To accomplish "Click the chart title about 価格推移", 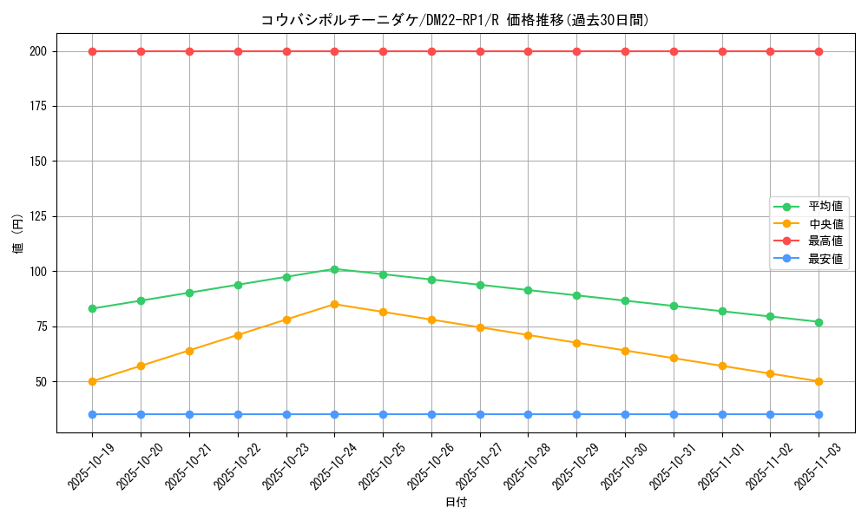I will pyautogui.click(x=455, y=20).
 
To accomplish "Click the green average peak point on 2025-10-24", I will pyautogui.click(x=334, y=269).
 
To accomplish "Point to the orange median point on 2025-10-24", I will pyautogui.click(x=334, y=304).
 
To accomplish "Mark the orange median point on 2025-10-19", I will pyautogui.click(x=92, y=381).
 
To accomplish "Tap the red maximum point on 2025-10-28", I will pyautogui.click(x=528, y=51).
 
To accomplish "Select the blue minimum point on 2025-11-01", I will pyautogui.click(x=722, y=414).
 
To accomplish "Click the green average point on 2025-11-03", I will pyautogui.click(x=819, y=322).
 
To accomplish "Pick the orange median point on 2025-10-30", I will pyautogui.click(x=625, y=351).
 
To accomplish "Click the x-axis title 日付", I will pyautogui.click(x=456, y=503).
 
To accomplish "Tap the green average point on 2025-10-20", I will pyautogui.click(x=141, y=300).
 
